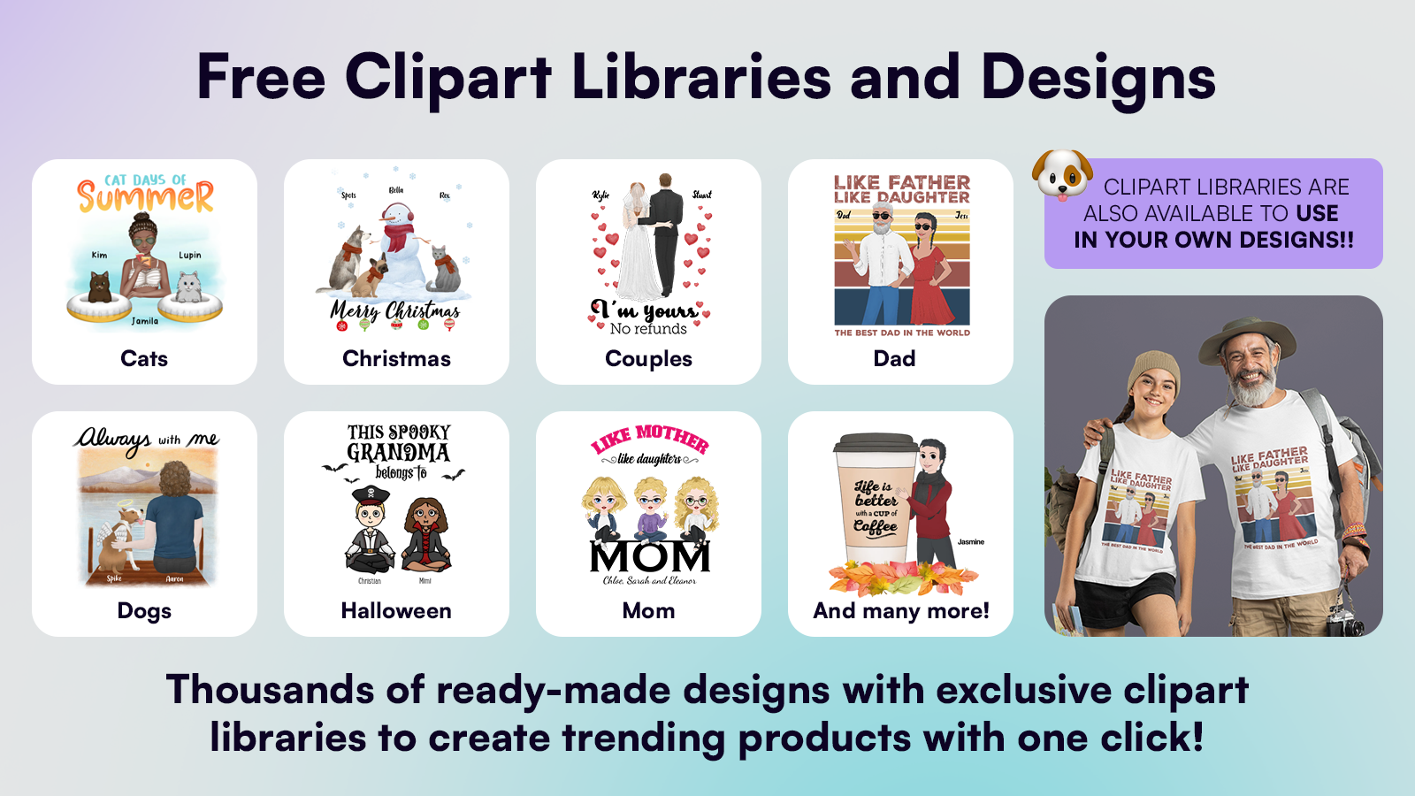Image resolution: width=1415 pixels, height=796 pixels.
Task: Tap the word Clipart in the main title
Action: pos(448,77)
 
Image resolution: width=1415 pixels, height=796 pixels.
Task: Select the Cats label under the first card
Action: pos(144,358)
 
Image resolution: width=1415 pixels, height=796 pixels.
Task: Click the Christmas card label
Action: pos(396,358)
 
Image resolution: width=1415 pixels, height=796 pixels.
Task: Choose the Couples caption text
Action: pos(648,358)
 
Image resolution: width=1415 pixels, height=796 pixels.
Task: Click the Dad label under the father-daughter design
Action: pos(894,358)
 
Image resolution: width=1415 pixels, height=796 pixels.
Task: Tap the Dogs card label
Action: pos(144,610)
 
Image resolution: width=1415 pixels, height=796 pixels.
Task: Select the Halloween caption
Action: pos(396,610)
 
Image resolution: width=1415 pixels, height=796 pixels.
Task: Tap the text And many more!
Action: pos(901,610)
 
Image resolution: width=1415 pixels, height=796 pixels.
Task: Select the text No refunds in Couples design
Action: pos(648,329)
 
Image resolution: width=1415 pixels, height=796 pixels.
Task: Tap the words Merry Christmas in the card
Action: pos(395,311)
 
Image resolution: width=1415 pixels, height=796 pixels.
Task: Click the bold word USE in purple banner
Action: pos(1317,214)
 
